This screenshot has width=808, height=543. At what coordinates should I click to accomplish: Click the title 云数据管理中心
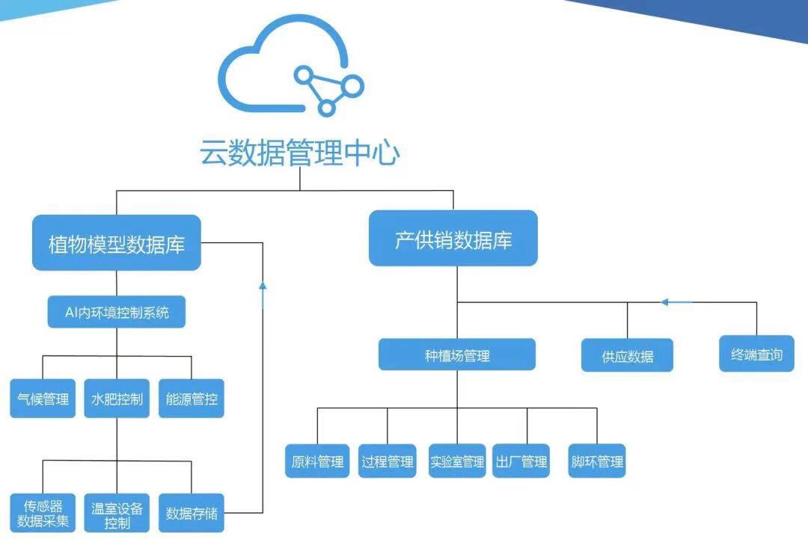(299, 152)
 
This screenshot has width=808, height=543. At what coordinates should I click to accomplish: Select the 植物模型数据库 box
(117, 242)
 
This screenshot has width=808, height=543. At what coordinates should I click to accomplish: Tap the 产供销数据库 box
(453, 238)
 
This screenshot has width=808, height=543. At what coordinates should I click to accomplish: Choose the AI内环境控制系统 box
(117, 312)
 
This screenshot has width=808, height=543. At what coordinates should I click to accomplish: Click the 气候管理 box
(43, 398)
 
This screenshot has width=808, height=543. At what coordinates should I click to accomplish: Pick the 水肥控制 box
(117, 398)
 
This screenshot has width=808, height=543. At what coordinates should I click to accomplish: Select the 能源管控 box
(192, 398)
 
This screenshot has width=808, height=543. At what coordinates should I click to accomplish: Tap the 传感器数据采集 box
(43, 513)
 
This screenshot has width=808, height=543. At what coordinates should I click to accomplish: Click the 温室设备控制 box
(117, 513)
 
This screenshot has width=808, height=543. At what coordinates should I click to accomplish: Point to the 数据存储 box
(192, 513)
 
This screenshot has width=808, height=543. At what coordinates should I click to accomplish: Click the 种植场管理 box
(457, 355)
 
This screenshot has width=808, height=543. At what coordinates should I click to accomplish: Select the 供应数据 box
(627, 355)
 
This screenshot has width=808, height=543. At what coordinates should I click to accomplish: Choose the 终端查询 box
(756, 354)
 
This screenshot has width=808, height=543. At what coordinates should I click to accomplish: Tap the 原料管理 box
(317, 461)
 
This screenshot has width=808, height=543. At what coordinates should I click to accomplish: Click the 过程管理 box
(388, 461)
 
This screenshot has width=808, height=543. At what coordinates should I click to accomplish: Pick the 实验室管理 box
(457, 461)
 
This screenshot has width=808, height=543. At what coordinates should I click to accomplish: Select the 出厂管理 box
(521, 461)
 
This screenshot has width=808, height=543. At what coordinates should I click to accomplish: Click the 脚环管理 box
(597, 461)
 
